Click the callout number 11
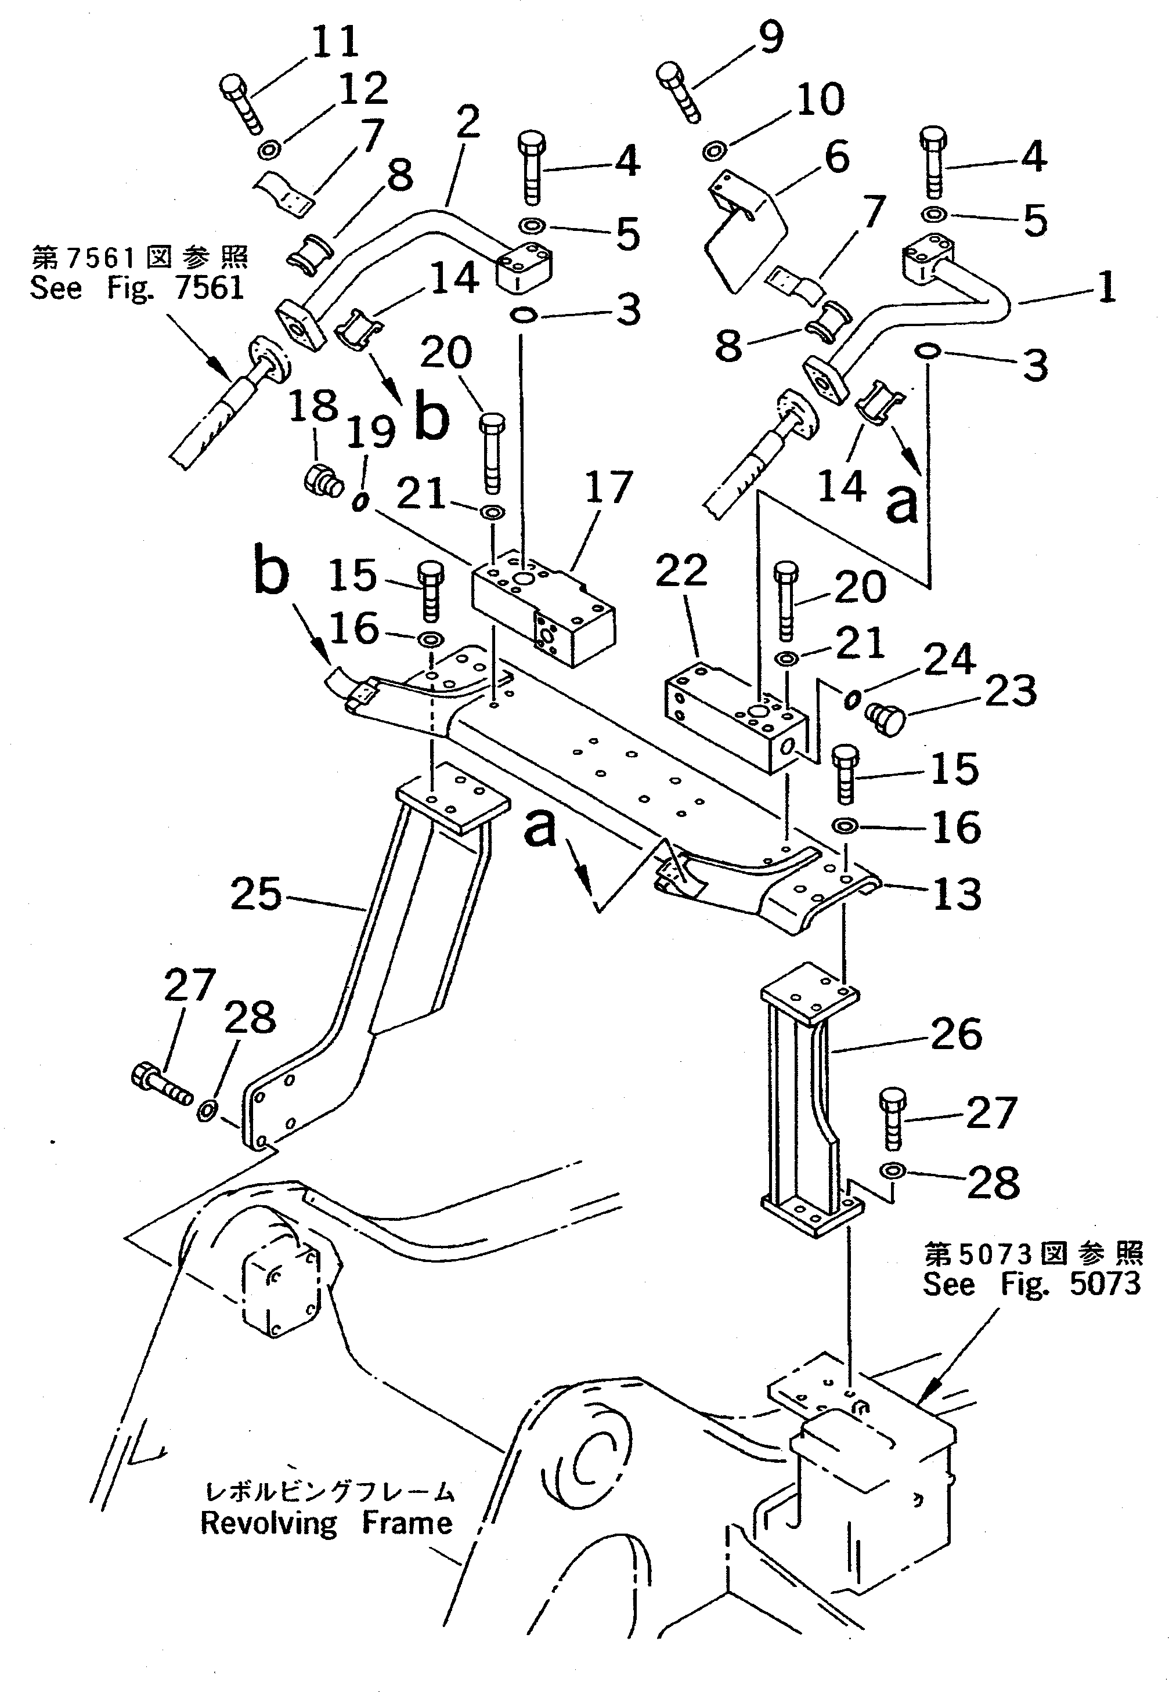(x=335, y=42)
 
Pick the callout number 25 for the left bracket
(x=255, y=894)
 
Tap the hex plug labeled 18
(x=323, y=481)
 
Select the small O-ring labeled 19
(x=359, y=503)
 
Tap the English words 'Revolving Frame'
(x=327, y=1523)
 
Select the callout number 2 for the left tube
(x=467, y=121)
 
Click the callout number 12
(x=363, y=89)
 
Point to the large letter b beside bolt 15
(x=271, y=572)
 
